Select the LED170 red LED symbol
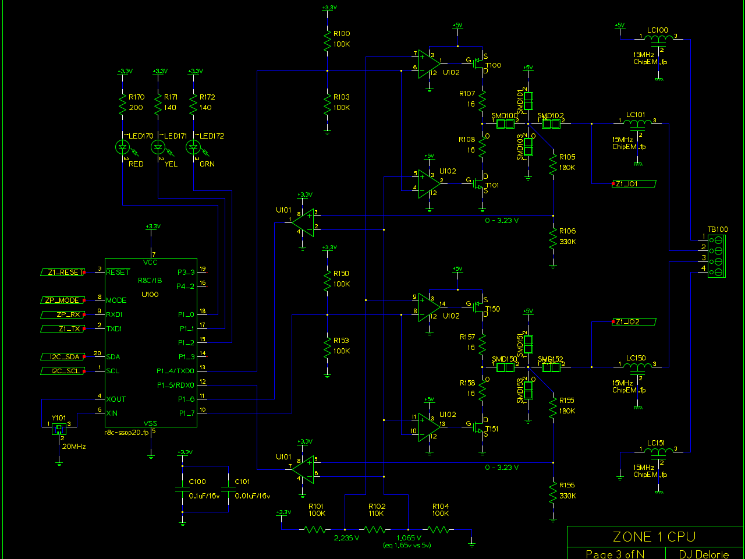click(123, 147)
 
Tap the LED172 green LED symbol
click(194, 147)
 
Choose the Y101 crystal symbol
click(59, 429)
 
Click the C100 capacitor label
click(197, 482)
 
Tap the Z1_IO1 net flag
click(634, 184)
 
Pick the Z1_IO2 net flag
click(634, 322)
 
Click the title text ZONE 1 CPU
click(654, 537)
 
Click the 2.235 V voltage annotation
click(346, 538)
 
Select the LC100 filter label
click(658, 30)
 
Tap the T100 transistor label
click(494, 65)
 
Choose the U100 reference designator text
click(150, 294)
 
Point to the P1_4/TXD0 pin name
click(175, 371)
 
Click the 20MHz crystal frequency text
click(74, 447)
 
